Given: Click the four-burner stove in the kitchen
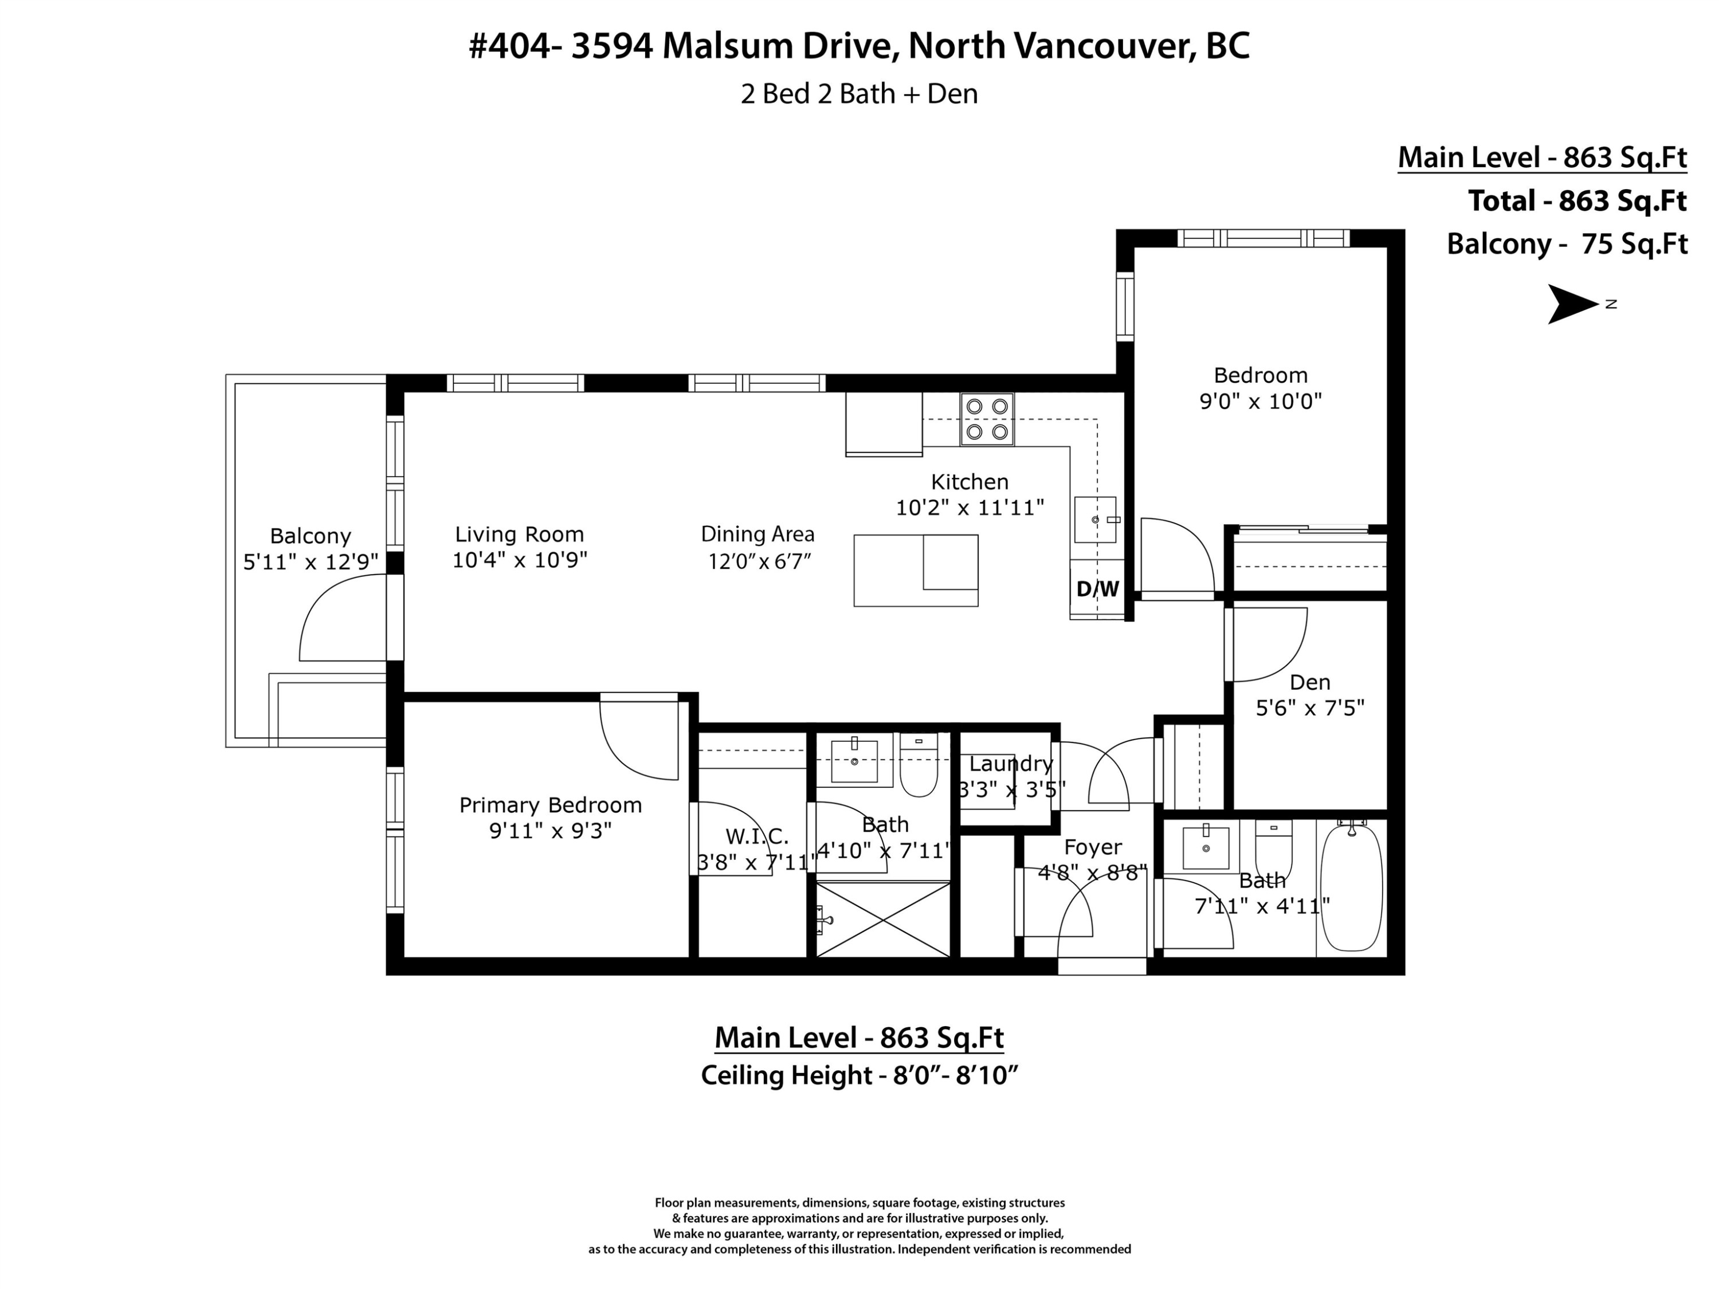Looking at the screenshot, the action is tap(987, 419).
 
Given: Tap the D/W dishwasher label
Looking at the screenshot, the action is tap(1097, 589).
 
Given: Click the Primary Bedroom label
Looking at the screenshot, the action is tap(550, 805).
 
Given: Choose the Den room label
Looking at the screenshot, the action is tap(1310, 682).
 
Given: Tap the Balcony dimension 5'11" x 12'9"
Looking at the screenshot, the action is tap(311, 562).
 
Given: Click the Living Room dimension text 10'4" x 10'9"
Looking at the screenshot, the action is tap(520, 559).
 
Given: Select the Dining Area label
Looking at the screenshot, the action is tap(758, 534).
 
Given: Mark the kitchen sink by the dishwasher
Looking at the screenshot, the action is tap(1096, 520).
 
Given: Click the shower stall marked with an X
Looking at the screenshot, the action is tap(883, 920).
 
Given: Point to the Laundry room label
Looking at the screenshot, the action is tap(1011, 764).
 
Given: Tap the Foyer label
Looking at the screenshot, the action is tap(1093, 847).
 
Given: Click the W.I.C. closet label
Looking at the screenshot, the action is tap(757, 837).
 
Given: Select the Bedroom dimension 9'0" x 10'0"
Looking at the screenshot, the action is tap(1261, 401).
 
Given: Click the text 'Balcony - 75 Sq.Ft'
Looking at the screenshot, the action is tap(1567, 244).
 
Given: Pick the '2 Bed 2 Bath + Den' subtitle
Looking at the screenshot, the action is tap(859, 94).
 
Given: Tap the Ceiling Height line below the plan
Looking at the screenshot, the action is tap(859, 1075).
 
